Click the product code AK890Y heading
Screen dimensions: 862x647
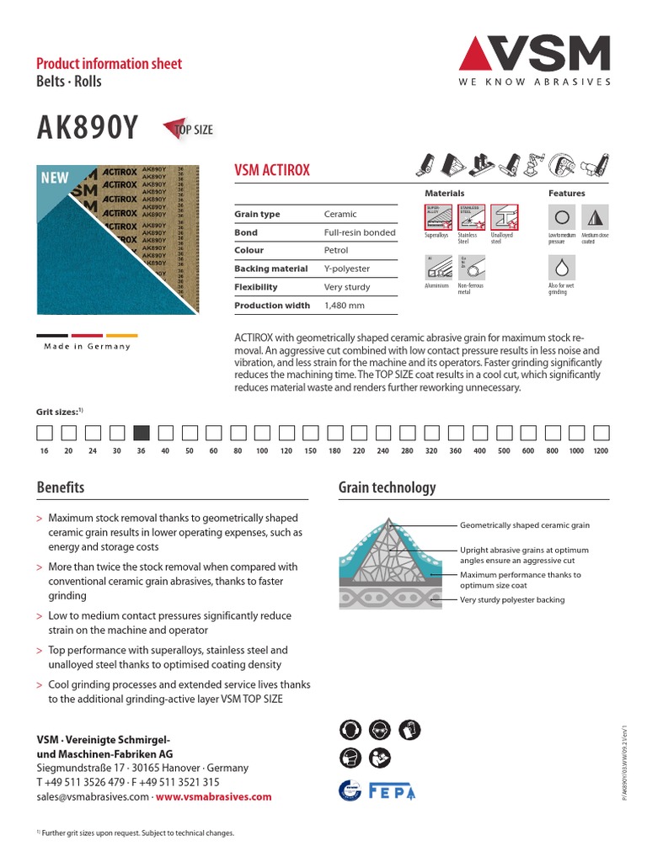(87, 129)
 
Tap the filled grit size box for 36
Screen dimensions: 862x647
(142, 433)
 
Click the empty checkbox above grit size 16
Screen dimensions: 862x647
(44, 433)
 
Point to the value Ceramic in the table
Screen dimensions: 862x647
(340, 215)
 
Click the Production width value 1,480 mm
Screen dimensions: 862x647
(345, 306)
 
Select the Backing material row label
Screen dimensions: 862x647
(270, 269)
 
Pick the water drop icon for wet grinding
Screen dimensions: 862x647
(561, 268)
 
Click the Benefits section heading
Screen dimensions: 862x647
(61, 487)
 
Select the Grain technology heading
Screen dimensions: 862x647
(387, 487)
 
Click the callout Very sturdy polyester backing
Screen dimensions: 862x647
(512, 600)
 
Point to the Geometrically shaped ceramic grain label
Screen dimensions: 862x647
(524, 525)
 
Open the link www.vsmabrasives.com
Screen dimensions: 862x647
(213, 796)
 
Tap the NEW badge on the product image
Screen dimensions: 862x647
(55, 178)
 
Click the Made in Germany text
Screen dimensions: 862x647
(88, 347)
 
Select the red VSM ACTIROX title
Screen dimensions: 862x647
(271, 170)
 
